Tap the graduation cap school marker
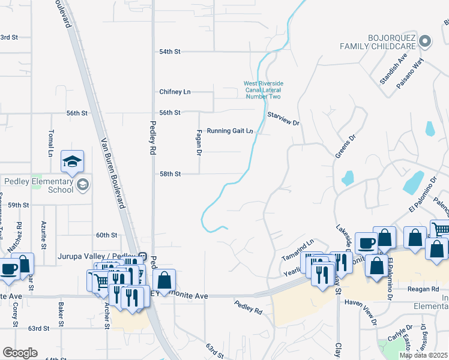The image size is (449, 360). pos(72,162)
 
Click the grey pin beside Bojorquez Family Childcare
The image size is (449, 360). pos(425,41)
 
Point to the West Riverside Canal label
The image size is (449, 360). pos(263,90)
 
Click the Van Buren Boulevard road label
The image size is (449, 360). pos(113,172)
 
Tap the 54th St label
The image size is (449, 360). pos(170,52)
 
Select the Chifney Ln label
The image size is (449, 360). pos(175,92)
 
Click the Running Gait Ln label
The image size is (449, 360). pos(230,131)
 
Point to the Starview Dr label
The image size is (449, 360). pos(283,118)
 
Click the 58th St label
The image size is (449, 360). pos(170,174)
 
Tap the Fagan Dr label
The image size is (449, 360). pos(198,143)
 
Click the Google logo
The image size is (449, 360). pos(20,353)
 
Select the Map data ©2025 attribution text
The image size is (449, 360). pos(423,355)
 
